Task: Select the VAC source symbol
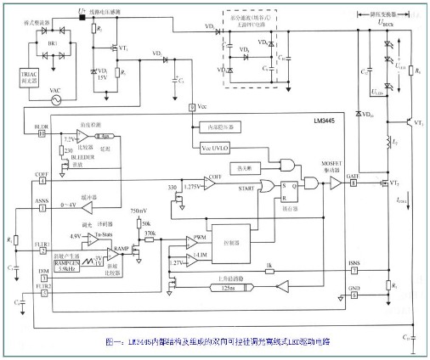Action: (57, 98)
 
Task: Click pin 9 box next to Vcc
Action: (192, 106)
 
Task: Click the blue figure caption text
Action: (216, 341)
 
